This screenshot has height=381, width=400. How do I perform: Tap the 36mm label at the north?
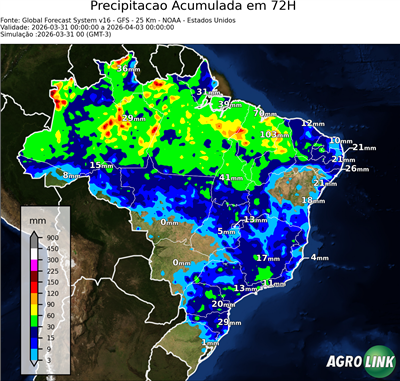coord(127,69)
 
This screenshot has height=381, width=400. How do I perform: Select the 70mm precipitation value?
coord(264,113)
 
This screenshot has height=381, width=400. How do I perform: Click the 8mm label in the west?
coord(71,176)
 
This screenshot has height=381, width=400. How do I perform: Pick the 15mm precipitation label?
coord(101,165)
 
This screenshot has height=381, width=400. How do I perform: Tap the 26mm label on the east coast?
coord(357,168)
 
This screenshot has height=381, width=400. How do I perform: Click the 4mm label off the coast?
coord(319,258)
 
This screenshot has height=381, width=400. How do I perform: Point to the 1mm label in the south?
coord(210,343)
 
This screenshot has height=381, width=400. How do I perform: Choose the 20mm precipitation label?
coord(223,304)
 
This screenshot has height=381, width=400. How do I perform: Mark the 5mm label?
coord(228,232)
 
